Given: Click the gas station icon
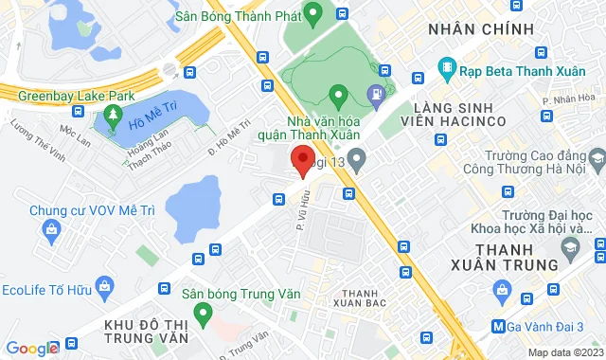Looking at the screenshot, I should [x=377, y=93].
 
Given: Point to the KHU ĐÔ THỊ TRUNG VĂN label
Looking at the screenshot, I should [x=142, y=333].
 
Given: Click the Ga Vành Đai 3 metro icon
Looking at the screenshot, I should [x=499, y=327].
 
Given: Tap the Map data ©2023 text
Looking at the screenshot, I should [x=564, y=352].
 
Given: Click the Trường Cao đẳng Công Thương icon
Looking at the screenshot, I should [x=593, y=153].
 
